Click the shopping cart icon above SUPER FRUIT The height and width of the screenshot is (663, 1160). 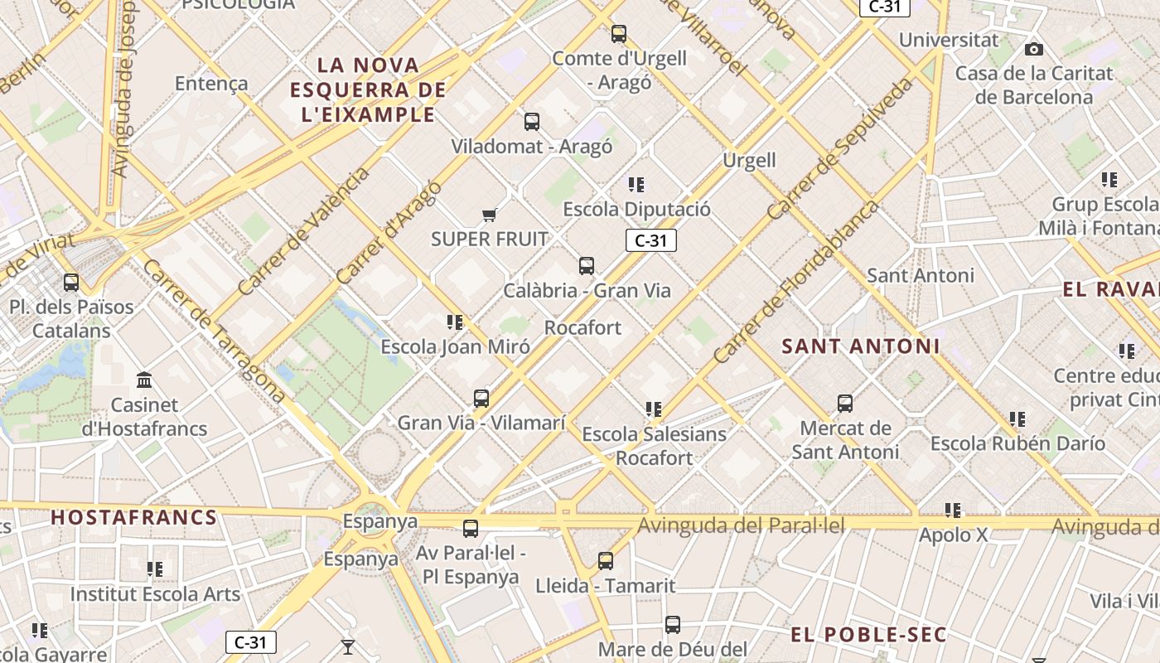pyautogui.click(x=489, y=215)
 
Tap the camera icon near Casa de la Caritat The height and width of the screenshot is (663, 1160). pyautogui.click(x=1033, y=50)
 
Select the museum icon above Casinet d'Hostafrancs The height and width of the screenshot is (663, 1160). pyautogui.click(x=144, y=380)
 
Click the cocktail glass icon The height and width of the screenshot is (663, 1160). pyautogui.click(x=348, y=646)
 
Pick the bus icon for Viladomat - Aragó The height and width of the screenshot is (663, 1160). pyautogui.click(x=532, y=122)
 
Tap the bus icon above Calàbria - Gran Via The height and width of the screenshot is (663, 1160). pyautogui.click(x=587, y=266)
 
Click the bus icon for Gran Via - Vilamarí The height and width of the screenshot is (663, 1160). pyautogui.click(x=481, y=399)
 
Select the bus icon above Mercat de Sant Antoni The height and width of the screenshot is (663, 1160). pyautogui.click(x=845, y=404)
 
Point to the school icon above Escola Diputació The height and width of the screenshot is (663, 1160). pyautogui.click(x=636, y=184)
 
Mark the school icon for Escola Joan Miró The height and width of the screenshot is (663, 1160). pyautogui.click(x=454, y=322)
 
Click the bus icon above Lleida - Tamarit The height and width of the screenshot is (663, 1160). pyautogui.click(x=606, y=561)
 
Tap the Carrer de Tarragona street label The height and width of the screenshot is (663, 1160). pyautogui.click(x=213, y=331)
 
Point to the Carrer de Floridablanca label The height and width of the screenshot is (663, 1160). pyautogui.click(x=795, y=282)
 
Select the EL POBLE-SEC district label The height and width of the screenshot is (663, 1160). pyautogui.click(x=868, y=635)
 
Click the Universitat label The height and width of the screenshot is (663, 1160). pyautogui.click(x=949, y=40)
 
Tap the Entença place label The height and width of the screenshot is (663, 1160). pyautogui.click(x=211, y=83)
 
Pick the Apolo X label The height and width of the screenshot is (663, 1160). pyautogui.click(x=953, y=535)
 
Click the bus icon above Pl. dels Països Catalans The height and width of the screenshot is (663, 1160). pyautogui.click(x=71, y=283)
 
